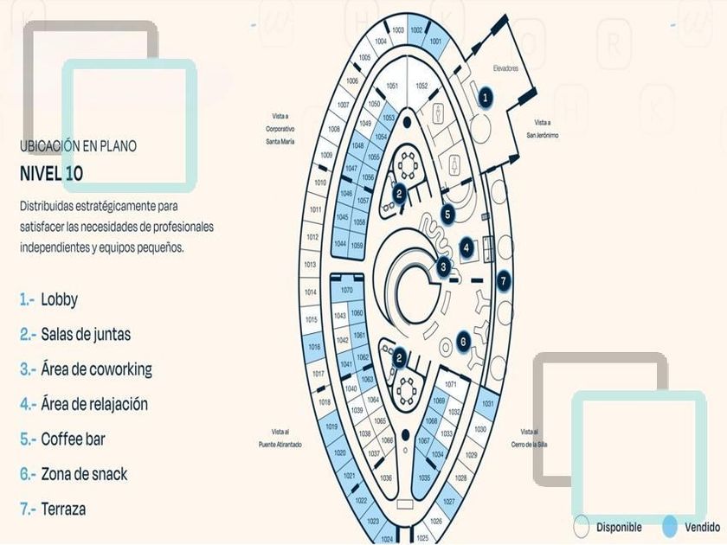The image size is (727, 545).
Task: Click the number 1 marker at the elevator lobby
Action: point(486,98)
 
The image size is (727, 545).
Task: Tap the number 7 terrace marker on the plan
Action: point(503,281)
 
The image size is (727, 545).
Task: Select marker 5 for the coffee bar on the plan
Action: point(447,212)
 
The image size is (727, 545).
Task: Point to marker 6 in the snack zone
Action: point(464,342)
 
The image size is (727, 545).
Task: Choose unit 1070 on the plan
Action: point(347,290)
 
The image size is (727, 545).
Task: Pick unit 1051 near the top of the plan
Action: point(392,86)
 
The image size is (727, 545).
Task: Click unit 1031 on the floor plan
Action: point(487,404)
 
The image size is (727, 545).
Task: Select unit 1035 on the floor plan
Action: point(424,478)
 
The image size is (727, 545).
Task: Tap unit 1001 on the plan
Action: point(435,41)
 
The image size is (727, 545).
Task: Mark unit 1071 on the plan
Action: point(450,383)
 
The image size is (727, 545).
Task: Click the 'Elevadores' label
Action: point(505,69)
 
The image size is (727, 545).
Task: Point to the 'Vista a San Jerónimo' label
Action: point(543,129)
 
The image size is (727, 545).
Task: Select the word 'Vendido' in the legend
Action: point(702,527)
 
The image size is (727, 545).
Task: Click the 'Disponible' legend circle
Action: point(582,526)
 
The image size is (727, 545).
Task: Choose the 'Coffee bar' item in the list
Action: point(73,439)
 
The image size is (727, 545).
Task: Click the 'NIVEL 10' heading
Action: point(52,173)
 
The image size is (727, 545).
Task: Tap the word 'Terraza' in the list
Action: point(63,510)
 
